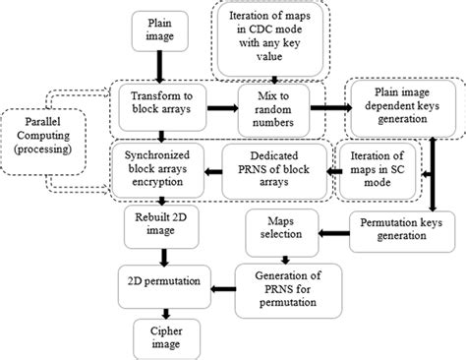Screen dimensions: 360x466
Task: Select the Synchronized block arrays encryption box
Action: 160,164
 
